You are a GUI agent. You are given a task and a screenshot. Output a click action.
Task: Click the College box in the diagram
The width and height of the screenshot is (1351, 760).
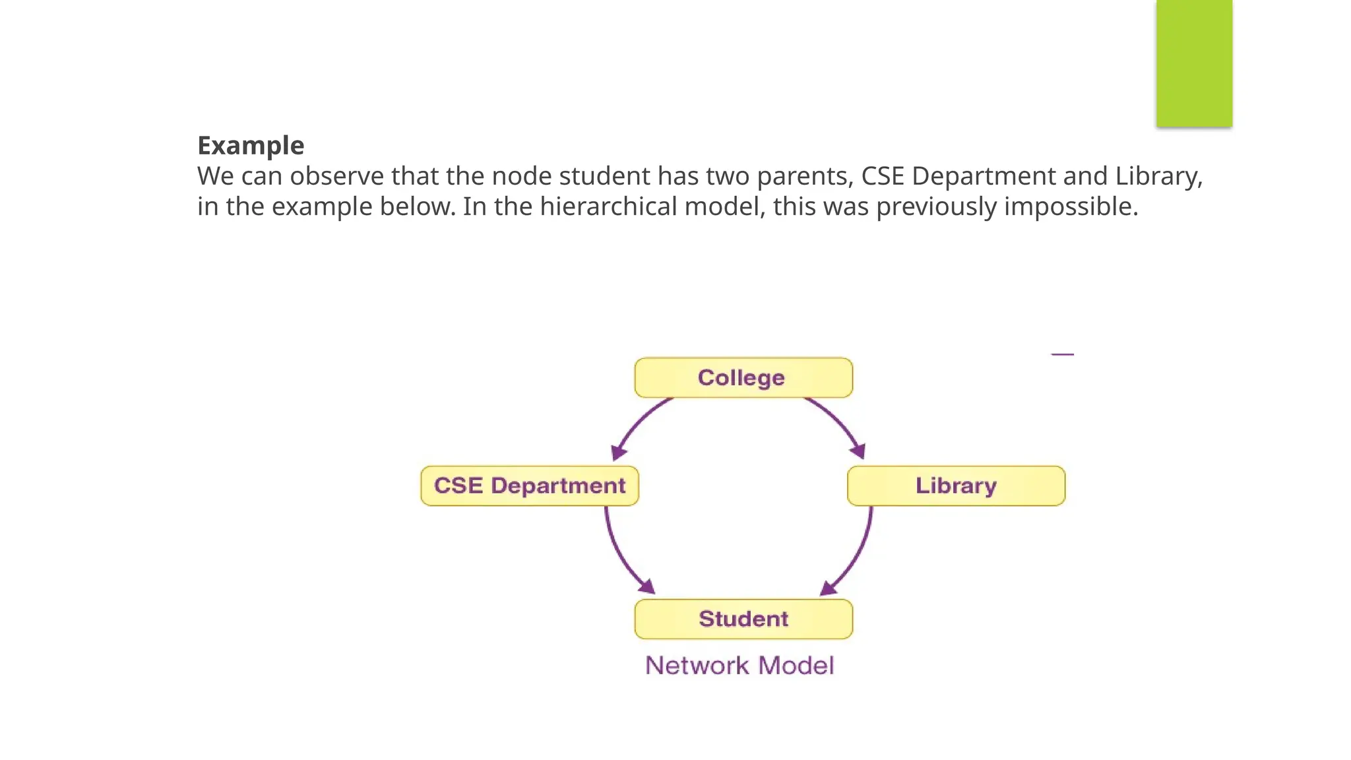pos(743,378)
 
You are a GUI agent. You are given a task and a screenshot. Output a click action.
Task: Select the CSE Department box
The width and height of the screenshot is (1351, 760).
pos(529,486)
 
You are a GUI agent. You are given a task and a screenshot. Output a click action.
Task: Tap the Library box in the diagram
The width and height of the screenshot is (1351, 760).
pos(956,486)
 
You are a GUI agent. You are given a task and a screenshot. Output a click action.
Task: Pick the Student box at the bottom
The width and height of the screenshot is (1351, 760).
pos(743,619)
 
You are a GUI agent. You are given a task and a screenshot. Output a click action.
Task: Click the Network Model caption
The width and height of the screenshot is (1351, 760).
pos(739,666)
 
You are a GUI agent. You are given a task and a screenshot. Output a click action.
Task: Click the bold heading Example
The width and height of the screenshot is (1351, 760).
pos(251,146)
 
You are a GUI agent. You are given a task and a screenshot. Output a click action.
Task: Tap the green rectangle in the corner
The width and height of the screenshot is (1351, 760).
pos(1193,63)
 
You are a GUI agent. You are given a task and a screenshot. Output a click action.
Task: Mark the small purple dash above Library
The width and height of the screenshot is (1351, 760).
pos(1062,355)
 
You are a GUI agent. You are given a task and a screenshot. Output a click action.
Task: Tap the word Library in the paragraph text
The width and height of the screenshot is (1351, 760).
pos(1158,176)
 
